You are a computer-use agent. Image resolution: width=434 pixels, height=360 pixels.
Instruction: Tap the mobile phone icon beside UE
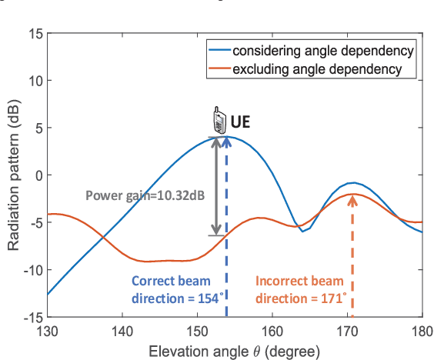pos(219,122)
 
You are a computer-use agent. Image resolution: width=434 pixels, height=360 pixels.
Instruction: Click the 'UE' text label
pos(241,122)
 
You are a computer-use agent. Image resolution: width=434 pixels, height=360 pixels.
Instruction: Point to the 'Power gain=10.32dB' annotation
pos(145,195)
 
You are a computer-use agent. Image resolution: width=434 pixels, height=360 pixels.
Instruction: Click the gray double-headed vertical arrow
pos(217,186)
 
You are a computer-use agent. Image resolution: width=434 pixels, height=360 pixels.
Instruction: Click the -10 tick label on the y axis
pos(31,269)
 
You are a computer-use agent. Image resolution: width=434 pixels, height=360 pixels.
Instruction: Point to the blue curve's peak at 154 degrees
pos(227,136)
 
